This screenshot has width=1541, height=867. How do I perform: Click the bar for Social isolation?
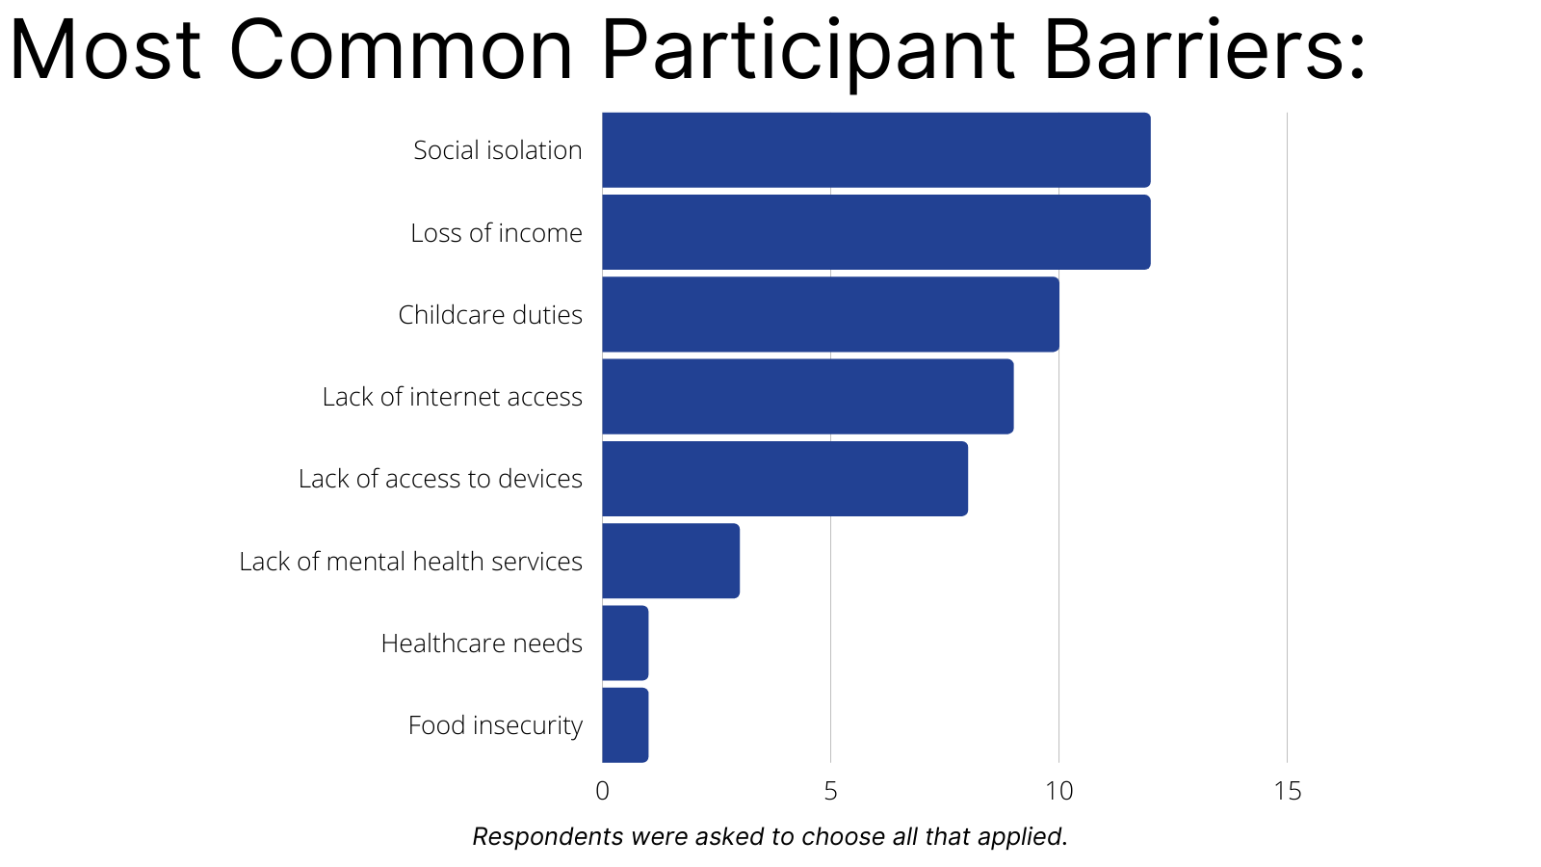pos(875,150)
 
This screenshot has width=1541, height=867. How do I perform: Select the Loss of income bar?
pos(875,232)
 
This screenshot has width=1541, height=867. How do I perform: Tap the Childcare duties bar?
pos(830,314)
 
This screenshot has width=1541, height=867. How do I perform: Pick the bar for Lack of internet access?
pos(808,396)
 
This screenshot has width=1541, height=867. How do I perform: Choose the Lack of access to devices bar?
pos(785,479)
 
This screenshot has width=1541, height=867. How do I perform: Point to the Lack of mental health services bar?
pos(670,561)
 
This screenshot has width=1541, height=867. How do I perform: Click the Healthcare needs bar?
pos(625,643)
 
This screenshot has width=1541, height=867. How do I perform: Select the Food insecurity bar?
pos(625,725)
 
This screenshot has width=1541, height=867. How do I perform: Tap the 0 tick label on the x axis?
pos(603,791)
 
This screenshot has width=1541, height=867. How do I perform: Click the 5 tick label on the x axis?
pos(830,791)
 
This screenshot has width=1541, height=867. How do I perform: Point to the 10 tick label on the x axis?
pos(1059,791)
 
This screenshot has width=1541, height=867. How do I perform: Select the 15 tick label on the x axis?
pos(1288,791)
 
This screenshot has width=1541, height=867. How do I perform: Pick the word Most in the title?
pos(105,49)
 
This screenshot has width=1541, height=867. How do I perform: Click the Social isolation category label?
pos(497,150)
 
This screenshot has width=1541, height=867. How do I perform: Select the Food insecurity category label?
pos(495,725)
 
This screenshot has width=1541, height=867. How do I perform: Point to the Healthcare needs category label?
pos(482,644)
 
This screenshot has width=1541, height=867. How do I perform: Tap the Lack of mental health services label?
pos(410,562)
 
